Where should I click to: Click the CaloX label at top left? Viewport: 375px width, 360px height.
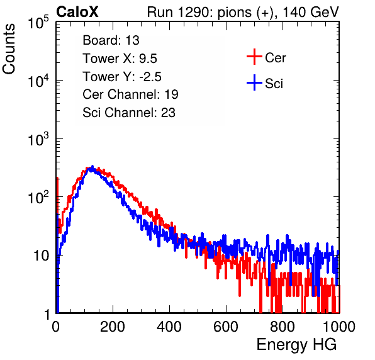[77, 12]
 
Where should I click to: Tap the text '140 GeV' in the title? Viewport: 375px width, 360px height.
[310, 12]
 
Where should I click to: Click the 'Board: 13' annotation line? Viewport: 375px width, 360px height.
[111, 40]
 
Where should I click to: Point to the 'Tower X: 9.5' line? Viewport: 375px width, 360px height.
[120, 59]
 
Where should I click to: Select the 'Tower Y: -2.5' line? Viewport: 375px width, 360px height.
[122, 77]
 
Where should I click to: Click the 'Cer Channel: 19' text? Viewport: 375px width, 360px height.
[130, 94]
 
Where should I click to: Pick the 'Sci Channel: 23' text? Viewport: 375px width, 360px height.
[129, 113]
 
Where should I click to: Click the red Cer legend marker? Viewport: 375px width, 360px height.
[254, 57]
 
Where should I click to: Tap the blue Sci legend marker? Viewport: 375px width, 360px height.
[254, 83]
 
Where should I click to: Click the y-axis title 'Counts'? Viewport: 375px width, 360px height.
[9, 49]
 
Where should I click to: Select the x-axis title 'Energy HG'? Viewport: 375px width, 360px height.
[296, 345]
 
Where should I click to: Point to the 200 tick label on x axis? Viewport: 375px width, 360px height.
[113, 327]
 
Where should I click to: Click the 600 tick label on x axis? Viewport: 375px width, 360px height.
[226, 327]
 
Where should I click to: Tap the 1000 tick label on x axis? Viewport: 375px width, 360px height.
[339, 327]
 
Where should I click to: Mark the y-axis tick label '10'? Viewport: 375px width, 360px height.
[41, 256]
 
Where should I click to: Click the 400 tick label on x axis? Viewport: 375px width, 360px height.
[169, 327]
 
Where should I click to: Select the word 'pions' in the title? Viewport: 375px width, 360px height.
[234, 13]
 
